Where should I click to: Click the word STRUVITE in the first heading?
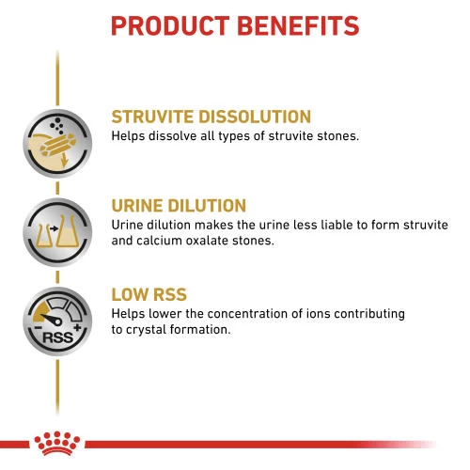click(154, 117)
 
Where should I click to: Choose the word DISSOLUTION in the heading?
click(255, 117)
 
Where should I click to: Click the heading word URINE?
click(140, 206)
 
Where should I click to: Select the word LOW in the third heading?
click(133, 294)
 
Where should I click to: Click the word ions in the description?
click(321, 312)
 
